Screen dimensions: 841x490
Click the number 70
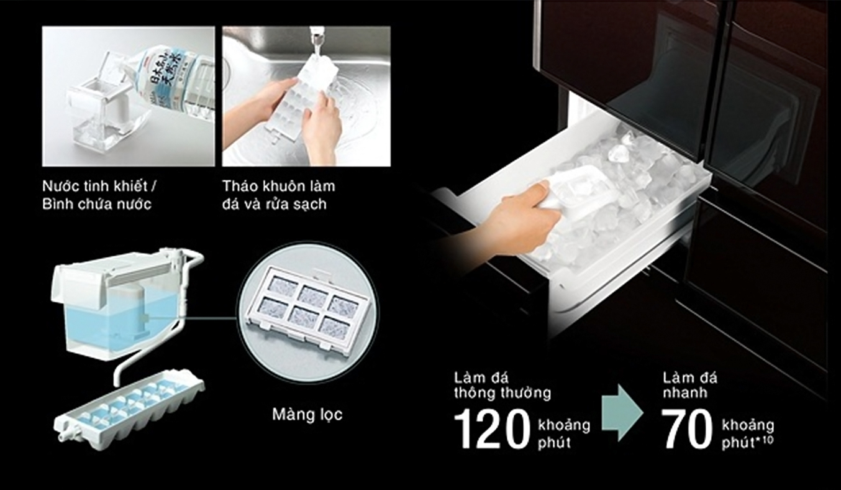(x=687, y=429)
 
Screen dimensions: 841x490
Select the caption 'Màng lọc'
(x=307, y=415)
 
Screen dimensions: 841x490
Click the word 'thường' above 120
(x=527, y=394)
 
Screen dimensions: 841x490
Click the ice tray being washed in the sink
(x=298, y=95)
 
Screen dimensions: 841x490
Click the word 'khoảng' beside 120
(x=565, y=426)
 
